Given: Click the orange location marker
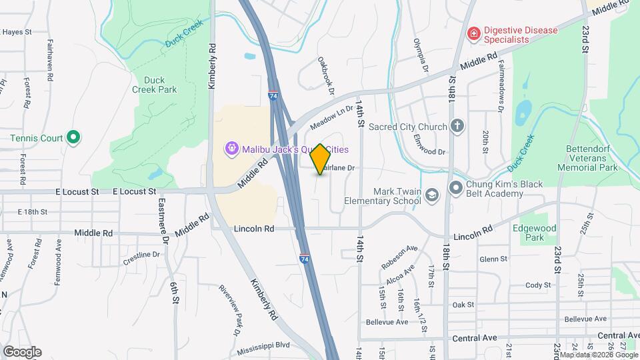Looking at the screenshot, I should [x=320, y=159].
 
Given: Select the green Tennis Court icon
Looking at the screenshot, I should [x=74, y=138].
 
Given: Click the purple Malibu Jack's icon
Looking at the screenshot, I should [x=231, y=148].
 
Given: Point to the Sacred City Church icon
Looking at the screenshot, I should [x=457, y=126].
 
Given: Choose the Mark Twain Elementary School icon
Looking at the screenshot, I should [x=431, y=194].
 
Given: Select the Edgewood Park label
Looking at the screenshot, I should [x=534, y=232].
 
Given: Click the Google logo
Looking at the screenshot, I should [x=22, y=351].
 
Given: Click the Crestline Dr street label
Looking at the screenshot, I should [x=142, y=255].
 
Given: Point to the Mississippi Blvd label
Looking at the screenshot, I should [x=264, y=345].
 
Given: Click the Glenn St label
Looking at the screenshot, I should [x=493, y=259].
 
